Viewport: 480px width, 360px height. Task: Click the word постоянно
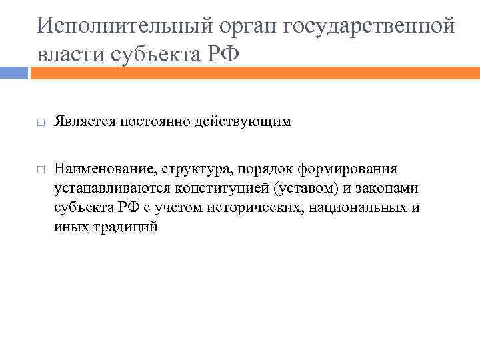[153, 123]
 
